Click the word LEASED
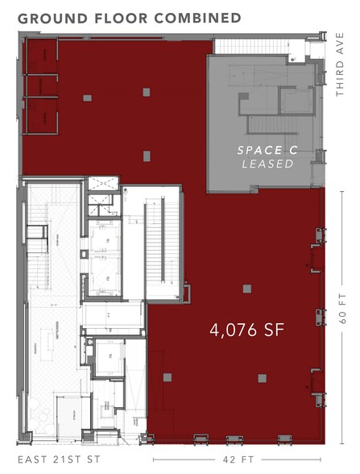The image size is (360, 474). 267,164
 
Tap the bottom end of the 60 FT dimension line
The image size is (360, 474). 341,442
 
